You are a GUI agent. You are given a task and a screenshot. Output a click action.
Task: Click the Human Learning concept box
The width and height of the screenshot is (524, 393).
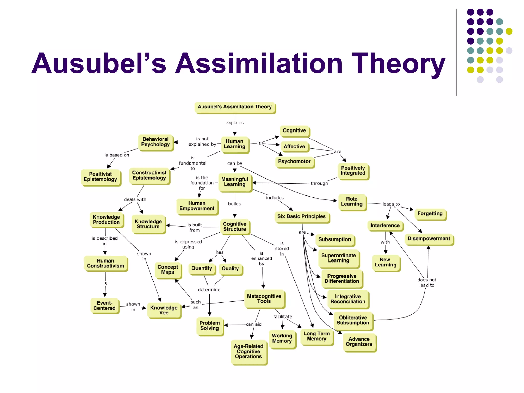pyautogui.click(x=234, y=144)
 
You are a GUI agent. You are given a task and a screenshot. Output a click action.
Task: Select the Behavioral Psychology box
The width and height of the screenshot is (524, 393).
pyautogui.click(x=155, y=142)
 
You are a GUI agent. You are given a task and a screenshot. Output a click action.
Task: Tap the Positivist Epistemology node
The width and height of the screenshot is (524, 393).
pyautogui.click(x=100, y=177)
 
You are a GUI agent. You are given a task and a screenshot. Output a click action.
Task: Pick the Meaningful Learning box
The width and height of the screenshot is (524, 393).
pyautogui.click(x=234, y=182)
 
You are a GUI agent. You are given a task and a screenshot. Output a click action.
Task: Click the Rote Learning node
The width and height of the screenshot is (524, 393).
pyautogui.click(x=352, y=202)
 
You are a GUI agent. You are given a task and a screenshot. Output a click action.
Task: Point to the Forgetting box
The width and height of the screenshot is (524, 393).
pyautogui.click(x=430, y=214)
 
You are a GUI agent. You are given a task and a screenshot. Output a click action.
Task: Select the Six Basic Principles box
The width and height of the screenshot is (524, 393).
pyautogui.click(x=301, y=217)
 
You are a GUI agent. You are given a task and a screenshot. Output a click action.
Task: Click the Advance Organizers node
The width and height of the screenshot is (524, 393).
pyautogui.click(x=359, y=342)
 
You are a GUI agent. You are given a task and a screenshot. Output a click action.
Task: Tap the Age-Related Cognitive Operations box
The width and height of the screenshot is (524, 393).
pyautogui.click(x=248, y=352)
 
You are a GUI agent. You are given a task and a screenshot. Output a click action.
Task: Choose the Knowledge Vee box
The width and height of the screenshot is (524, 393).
pyautogui.click(x=164, y=310)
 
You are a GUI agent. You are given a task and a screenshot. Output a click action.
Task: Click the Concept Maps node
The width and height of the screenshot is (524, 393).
pyautogui.click(x=168, y=270)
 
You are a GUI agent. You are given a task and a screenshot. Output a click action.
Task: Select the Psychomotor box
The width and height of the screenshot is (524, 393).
pyautogui.click(x=294, y=162)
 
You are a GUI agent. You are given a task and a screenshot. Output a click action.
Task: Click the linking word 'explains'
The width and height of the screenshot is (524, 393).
pyautogui.click(x=234, y=123)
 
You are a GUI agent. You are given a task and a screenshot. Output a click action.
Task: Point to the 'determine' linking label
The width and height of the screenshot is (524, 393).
pyautogui.click(x=209, y=290)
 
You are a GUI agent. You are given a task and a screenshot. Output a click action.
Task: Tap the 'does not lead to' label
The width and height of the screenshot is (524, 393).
pyautogui.click(x=427, y=282)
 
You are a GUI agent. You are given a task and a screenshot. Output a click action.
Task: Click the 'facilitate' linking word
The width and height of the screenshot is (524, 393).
pyautogui.click(x=282, y=317)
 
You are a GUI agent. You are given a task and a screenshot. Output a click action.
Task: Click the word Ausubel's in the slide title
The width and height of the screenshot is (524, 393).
pyautogui.click(x=99, y=63)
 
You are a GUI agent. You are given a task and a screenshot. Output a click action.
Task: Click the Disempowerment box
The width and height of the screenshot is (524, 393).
pyautogui.click(x=429, y=239)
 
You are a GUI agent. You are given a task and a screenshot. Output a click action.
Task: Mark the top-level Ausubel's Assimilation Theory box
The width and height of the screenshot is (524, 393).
pyautogui.click(x=234, y=107)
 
